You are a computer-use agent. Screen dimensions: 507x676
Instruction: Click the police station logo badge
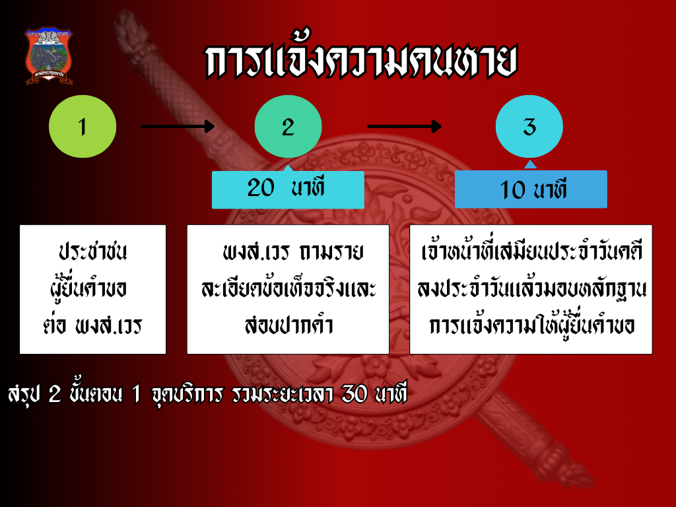(49, 56)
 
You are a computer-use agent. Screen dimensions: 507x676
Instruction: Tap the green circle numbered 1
(83, 126)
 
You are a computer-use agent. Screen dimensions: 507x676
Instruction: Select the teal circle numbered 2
(288, 127)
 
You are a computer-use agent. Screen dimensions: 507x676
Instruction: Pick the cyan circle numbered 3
(529, 127)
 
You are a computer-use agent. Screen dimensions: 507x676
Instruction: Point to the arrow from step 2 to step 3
(404, 126)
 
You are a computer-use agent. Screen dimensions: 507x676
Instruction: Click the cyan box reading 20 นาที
(288, 189)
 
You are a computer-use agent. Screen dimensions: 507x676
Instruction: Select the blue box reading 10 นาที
(531, 189)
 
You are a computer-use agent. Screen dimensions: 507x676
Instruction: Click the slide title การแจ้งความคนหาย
(360, 63)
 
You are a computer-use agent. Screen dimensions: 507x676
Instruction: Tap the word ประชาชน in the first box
(92, 253)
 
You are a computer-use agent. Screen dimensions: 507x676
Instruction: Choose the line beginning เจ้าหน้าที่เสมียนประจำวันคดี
(531, 253)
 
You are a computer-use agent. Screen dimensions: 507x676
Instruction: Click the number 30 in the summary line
(355, 393)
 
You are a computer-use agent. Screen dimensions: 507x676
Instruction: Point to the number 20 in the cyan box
(260, 188)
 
